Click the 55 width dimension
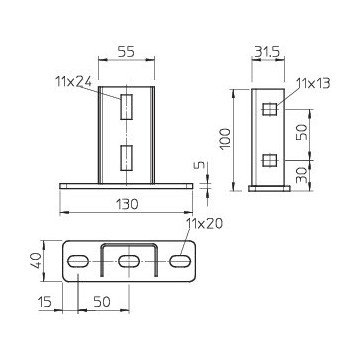coord(126,52)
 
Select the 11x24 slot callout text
coord(73,81)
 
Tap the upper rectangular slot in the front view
coord(127,107)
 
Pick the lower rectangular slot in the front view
coord(127,158)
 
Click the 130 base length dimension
coord(127,204)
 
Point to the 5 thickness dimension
coord(200,166)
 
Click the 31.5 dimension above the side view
coord(268,52)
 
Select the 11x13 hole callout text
coord(313,83)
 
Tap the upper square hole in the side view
coord(270,109)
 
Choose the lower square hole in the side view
coord(270,161)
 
